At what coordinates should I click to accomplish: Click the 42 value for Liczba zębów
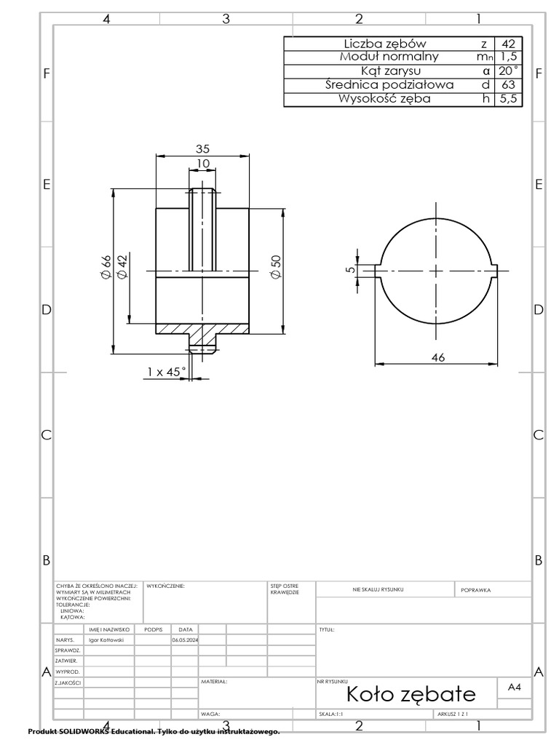tap(508, 44)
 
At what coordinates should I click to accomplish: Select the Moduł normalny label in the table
tap(389, 57)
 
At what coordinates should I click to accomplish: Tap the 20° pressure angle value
tap(508, 71)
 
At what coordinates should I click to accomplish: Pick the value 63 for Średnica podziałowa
tap(508, 85)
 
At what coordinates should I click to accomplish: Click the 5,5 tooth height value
tap(508, 99)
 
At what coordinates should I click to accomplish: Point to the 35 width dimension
tap(202, 148)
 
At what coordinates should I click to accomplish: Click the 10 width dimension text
tap(202, 164)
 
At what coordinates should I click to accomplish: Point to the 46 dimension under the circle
tap(437, 357)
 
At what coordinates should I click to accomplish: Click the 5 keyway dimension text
tap(350, 269)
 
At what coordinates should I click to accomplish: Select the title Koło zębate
tap(411, 693)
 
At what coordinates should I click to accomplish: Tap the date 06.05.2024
tap(185, 640)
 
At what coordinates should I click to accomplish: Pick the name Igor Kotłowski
tap(106, 640)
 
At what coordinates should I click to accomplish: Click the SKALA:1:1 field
tap(331, 714)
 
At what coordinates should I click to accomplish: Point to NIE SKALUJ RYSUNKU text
tap(378, 589)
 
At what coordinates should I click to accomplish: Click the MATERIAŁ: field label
tap(214, 682)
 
